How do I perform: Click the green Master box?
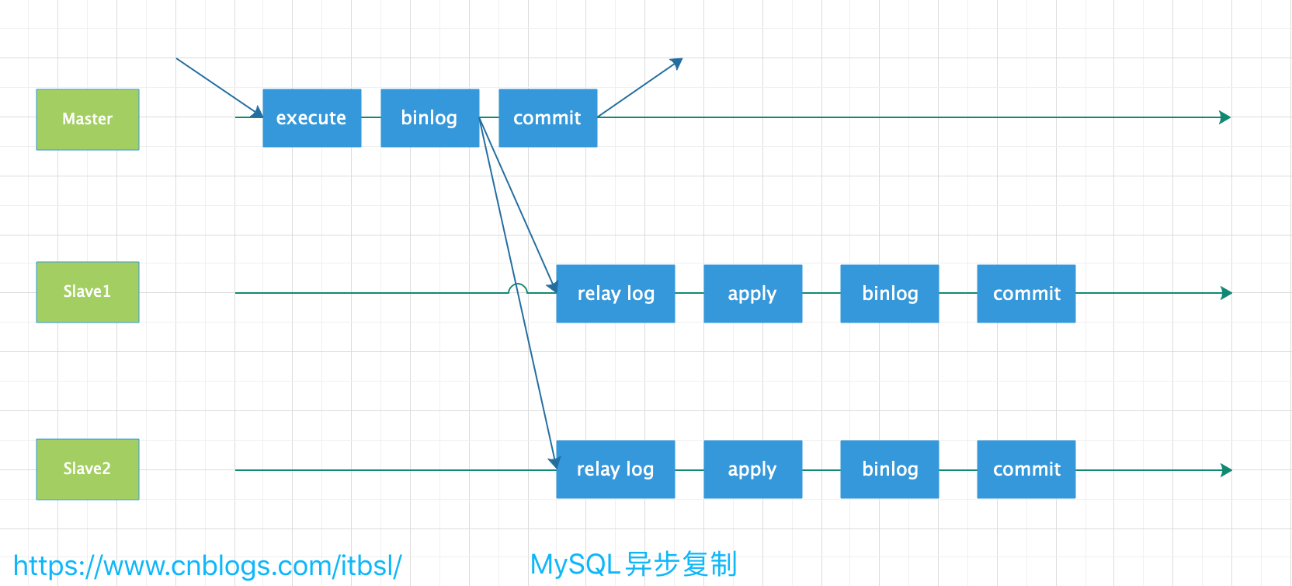pos(88,119)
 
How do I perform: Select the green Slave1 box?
pos(88,291)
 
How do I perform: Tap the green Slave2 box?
pos(88,469)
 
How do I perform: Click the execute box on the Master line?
pos(311,118)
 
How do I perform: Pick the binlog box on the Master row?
pos(429,118)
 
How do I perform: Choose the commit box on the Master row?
pos(547,118)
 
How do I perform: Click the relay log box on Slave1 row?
pos(615,294)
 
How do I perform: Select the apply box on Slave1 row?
pos(752,294)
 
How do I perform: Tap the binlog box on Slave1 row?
pos(889,294)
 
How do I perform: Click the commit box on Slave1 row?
pos(1026,294)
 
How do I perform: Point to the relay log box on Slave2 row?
pos(615,469)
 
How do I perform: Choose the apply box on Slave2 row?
pos(752,469)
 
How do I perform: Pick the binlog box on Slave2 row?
pos(889,469)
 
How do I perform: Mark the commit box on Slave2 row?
pos(1026,469)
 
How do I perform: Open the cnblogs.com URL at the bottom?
pos(207,566)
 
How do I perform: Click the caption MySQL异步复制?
pos(633,564)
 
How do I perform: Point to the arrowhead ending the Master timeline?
pos(1225,117)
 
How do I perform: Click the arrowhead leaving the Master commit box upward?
pos(677,63)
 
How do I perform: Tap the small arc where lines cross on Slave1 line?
pos(517,288)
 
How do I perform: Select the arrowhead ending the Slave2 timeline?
pos(1226,470)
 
